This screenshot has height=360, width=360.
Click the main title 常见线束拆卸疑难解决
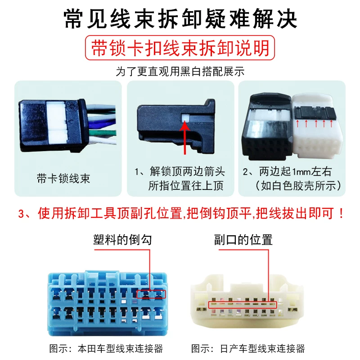click(x=180, y=19)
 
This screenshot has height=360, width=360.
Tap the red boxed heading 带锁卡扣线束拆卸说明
click(x=180, y=48)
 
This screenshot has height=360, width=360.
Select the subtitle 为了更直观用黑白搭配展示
click(x=180, y=72)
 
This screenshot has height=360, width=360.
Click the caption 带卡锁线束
click(x=63, y=178)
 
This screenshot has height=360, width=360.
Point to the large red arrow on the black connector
click(x=185, y=138)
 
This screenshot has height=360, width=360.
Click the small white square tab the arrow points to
click(x=185, y=117)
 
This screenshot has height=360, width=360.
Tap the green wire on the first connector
click(x=103, y=133)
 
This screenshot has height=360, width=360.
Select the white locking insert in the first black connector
click(x=57, y=123)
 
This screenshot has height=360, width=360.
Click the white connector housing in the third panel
click(x=317, y=126)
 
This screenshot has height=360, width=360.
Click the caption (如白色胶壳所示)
click(x=298, y=185)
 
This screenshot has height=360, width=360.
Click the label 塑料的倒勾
click(x=122, y=240)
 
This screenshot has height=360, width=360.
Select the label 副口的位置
click(x=243, y=240)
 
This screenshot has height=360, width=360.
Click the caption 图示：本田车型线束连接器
click(x=106, y=348)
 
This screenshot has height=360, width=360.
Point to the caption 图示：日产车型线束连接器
click(x=248, y=348)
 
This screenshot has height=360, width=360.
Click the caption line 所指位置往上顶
click(x=186, y=185)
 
